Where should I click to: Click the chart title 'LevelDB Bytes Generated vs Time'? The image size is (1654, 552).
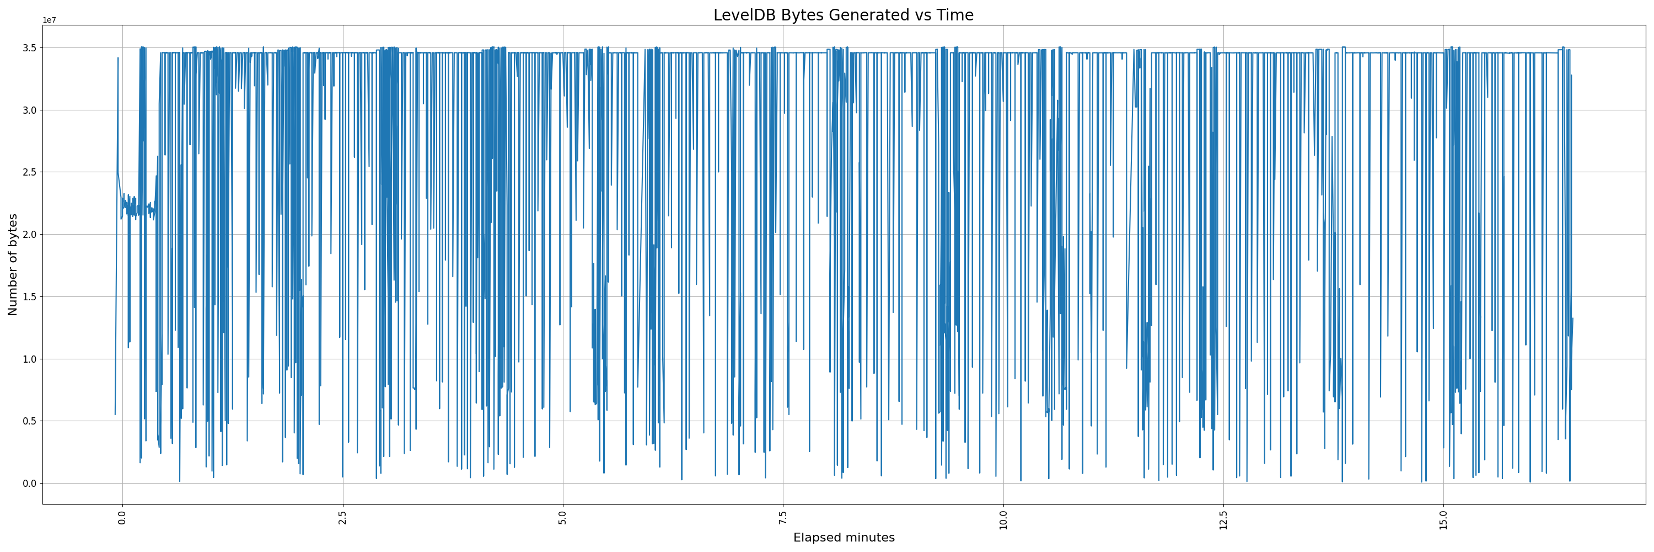pyautogui.click(x=843, y=15)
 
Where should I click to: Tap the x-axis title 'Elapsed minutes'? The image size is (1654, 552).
pyautogui.click(x=844, y=538)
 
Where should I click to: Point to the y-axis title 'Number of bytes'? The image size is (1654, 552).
pyautogui.click(x=13, y=265)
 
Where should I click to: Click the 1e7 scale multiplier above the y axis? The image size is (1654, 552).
pyautogui.click(x=50, y=20)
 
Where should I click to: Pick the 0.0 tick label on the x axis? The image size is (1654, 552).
pyautogui.click(x=122, y=518)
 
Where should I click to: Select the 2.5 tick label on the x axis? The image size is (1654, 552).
pyautogui.click(x=342, y=518)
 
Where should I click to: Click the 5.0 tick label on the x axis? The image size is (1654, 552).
pyautogui.click(x=562, y=518)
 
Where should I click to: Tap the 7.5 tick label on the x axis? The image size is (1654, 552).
pyautogui.click(x=783, y=518)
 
